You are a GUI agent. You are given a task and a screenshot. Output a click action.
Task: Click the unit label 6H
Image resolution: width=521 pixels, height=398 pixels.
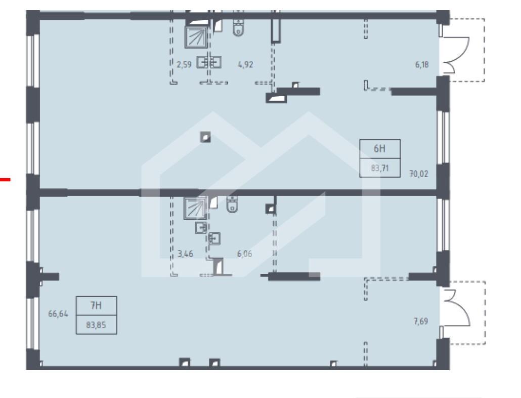point(380,149)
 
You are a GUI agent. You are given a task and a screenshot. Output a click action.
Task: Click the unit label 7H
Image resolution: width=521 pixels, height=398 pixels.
point(96,305)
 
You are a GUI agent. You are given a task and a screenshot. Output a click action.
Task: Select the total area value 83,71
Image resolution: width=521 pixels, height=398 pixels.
point(380,168)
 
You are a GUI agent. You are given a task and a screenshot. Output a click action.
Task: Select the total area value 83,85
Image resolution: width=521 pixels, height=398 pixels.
point(96,325)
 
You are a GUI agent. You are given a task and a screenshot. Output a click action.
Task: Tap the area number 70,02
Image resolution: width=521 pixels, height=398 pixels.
point(419,174)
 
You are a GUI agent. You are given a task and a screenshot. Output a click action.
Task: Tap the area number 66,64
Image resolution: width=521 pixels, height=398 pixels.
point(58,313)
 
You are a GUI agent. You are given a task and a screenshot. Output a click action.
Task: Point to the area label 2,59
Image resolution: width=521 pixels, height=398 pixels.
point(184,64)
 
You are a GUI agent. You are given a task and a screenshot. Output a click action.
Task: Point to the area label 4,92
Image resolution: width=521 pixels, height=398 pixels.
point(245,64)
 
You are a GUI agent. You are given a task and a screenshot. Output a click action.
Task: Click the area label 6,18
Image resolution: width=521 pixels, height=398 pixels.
point(422,64)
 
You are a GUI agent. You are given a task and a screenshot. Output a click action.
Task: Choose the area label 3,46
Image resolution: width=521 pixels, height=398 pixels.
point(186,254)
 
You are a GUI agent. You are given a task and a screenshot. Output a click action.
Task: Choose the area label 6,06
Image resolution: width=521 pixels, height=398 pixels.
point(244,254)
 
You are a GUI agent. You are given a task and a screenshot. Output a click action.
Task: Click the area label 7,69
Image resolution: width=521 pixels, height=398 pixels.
point(421,321)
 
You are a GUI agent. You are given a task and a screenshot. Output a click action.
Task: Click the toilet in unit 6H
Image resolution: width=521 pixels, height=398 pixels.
point(238,27)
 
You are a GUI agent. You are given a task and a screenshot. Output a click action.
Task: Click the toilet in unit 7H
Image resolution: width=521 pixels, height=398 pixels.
point(232,204)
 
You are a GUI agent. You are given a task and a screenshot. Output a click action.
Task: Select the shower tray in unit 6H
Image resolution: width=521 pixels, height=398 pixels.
point(196,36)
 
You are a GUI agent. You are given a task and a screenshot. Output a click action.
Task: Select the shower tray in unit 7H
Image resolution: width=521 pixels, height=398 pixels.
point(195,208)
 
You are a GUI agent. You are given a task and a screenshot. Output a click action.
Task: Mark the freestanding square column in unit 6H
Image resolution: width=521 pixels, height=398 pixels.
point(206,137)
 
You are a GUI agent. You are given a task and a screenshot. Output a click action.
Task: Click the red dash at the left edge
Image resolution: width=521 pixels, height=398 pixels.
point(5,180)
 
